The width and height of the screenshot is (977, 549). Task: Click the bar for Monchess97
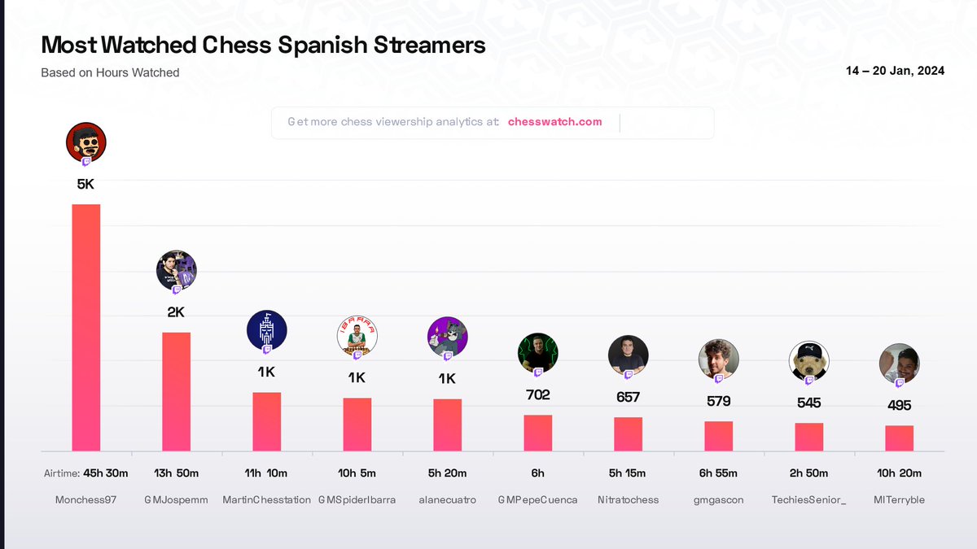coord(86,327)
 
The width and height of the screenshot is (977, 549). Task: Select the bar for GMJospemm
coord(177,391)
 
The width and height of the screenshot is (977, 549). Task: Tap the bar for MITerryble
coord(900,438)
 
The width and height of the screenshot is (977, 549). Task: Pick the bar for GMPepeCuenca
coord(538,433)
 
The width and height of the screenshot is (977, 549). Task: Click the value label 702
coord(538,395)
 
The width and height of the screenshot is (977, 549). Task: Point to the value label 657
coord(629,398)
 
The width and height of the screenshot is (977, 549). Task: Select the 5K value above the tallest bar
coord(86,185)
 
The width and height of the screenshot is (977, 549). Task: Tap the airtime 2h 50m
coord(809,473)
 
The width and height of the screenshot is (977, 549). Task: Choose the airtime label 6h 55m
coord(719,473)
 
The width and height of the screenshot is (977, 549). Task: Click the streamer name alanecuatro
coord(448,499)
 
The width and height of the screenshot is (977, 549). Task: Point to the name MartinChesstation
coord(267,499)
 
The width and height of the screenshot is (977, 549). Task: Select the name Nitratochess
coord(629,499)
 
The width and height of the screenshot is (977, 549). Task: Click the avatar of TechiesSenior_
coord(809,361)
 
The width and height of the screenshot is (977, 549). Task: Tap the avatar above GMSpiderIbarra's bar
coord(357,338)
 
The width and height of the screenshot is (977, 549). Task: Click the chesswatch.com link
coord(554,122)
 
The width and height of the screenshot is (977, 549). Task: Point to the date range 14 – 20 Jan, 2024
coord(896,71)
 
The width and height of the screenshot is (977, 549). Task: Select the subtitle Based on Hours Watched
coord(110,72)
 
